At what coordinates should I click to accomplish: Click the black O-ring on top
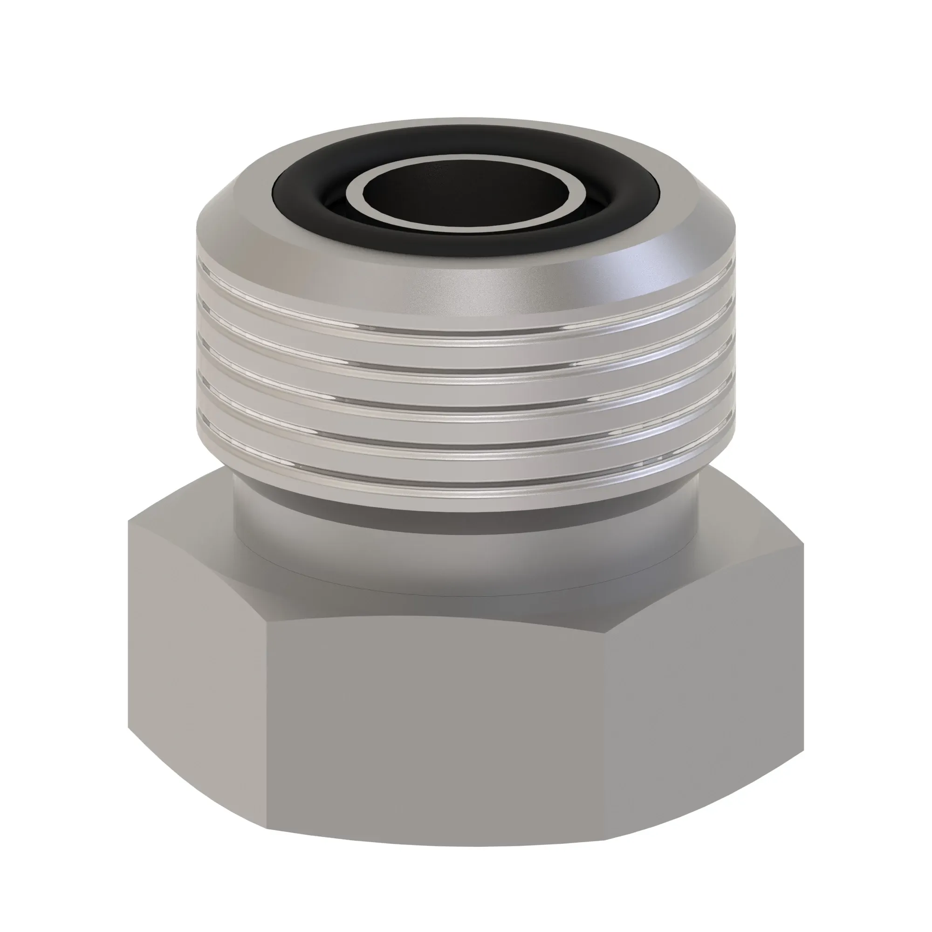coord(309,203)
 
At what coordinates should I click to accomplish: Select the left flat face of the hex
coord(198,675)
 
